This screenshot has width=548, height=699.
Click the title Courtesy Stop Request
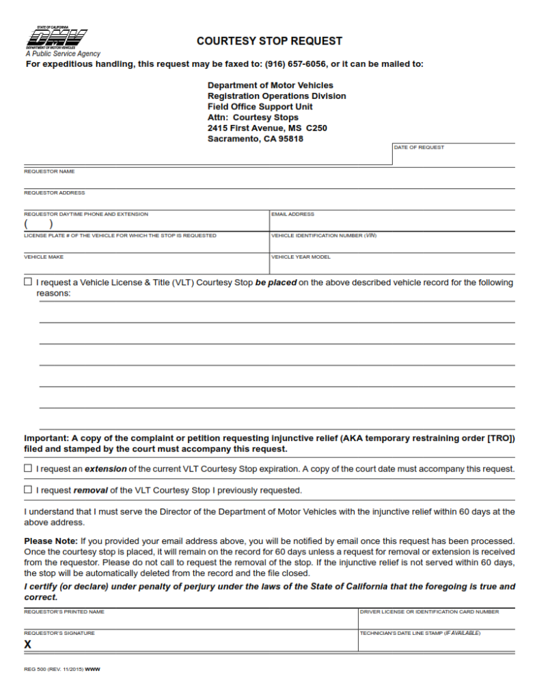click(x=269, y=41)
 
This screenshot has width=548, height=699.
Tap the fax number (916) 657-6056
click(x=295, y=64)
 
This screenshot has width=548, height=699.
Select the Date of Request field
click(x=454, y=156)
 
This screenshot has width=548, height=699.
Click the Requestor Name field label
click(x=49, y=171)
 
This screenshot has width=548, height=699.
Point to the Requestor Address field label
click(x=55, y=192)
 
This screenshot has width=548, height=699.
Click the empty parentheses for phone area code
click(x=39, y=224)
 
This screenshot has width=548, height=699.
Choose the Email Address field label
click(x=292, y=214)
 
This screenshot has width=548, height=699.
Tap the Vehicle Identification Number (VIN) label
click(x=324, y=236)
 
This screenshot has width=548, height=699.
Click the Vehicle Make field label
click(x=44, y=257)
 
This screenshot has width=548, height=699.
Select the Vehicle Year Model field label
click(x=301, y=257)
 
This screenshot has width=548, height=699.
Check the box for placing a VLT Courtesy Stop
click(x=28, y=282)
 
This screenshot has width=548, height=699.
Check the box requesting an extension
click(x=28, y=468)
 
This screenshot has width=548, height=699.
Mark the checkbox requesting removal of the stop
click(x=28, y=489)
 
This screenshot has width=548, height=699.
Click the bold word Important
click(x=46, y=438)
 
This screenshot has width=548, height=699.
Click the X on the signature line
click(x=28, y=644)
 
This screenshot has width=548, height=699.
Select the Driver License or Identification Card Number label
click(x=429, y=612)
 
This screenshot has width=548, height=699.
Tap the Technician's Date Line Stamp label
click(x=420, y=633)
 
